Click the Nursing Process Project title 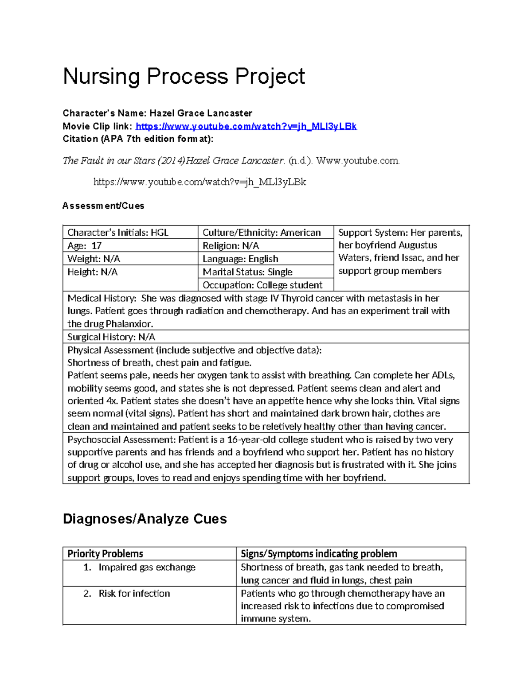point(184,76)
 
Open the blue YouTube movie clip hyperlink point(246,126)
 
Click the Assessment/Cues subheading point(103,206)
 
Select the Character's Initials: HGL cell point(118,233)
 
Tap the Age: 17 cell point(85,245)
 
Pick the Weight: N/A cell point(94,259)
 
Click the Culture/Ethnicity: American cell point(262,233)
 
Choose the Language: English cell point(240,259)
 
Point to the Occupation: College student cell point(262,285)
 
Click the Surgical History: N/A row point(111,337)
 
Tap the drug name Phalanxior point(129,324)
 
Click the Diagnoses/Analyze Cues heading point(145,519)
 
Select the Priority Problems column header point(105,553)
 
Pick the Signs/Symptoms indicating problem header point(319,553)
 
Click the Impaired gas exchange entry point(147,567)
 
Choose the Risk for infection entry point(134,593)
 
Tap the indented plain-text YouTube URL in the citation point(199,182)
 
